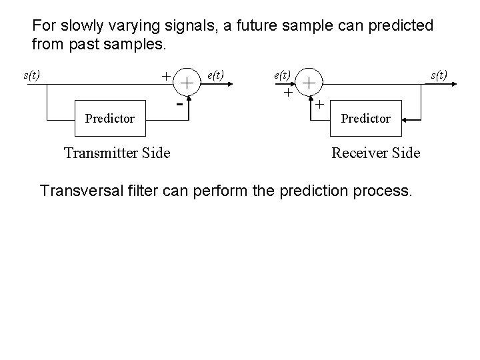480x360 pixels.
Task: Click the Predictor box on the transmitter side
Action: point(110,119)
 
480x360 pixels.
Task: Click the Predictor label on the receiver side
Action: point(365,119)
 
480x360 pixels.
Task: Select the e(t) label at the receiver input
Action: point(282,75)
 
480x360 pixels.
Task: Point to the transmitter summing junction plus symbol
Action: point(187,83)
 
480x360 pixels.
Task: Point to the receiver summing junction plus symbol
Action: point(309,83)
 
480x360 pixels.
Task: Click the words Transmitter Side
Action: point(117,153)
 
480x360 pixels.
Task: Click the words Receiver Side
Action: point(376,153)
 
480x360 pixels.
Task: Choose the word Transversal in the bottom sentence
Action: point(81,191)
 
